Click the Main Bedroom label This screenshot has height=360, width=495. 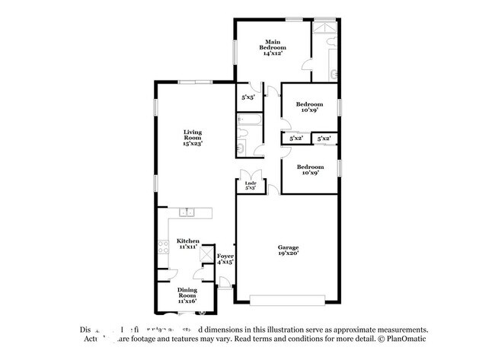(273, 47)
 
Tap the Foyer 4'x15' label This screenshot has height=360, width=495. (225, 259)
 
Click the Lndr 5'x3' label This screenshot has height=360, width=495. (249, 185)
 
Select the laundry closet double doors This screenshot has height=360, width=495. (249, 174)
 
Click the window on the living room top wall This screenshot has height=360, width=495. (193, 81)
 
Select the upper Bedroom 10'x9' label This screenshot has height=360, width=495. (310, 107)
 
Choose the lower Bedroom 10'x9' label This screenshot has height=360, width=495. (310, 170)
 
